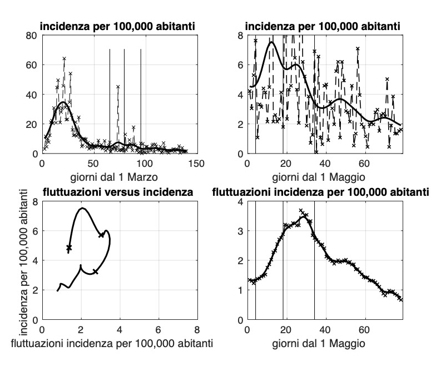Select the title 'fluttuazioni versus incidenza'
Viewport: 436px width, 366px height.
[119, 193]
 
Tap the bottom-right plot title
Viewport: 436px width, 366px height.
[323, 193]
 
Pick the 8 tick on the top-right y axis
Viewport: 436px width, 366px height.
[240, 35]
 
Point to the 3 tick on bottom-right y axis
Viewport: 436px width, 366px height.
[240, 231]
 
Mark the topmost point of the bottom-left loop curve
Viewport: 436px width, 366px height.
[82, 209]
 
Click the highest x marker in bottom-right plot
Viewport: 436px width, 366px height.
[301, 211]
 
